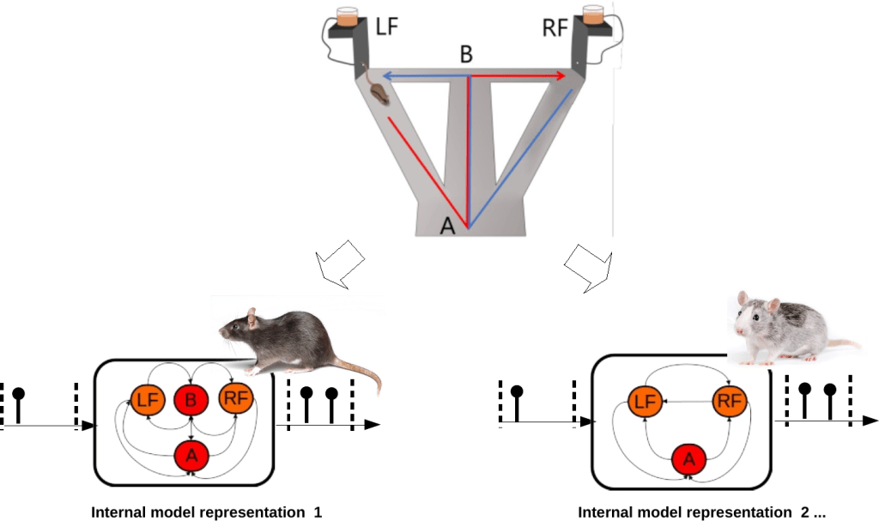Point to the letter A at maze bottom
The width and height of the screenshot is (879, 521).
pos(447,226)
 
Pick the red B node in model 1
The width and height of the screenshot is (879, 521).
pos(191,398)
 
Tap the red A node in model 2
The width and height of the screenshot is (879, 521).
pos(688,460)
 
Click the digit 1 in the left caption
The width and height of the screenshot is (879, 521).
pos(318,512)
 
